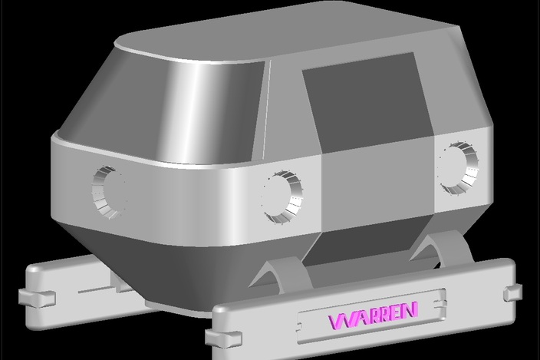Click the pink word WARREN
point(374,315)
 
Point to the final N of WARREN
point(411,309)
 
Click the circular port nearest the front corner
point(284,197)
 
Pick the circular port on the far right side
point(459,168)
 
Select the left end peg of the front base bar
point(223,338)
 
